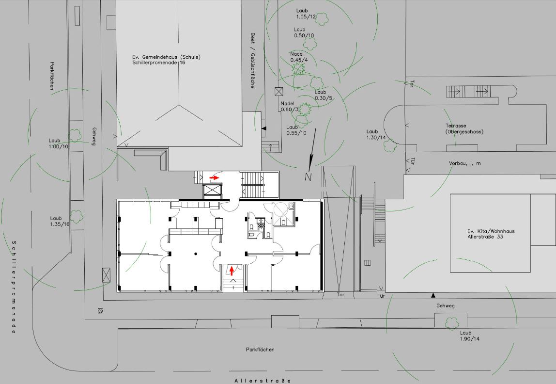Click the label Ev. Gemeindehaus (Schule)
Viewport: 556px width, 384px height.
tap(166, 57)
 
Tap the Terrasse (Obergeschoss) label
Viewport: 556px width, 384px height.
tap(464, 128)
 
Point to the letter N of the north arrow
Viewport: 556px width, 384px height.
tap(308, 177)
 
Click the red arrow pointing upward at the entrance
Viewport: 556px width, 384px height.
tap(232, 270)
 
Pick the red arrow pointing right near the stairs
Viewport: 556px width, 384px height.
tap(214, 178)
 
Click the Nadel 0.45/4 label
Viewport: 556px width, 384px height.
tap(299, 57)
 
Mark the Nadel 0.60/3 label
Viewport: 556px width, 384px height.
tap(289, 106)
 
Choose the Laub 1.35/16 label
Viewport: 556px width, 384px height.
tap(60, 221)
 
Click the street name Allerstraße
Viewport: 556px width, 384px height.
tap(263, 381)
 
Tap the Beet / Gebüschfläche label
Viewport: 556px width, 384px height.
tap(252, 60)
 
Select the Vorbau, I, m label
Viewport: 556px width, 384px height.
tap(464, 163)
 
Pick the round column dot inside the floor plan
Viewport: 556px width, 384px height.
tap(196, 253)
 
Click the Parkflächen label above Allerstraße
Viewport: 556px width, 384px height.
tap(260, 349)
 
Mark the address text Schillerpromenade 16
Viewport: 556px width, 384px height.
tap(158, 63)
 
